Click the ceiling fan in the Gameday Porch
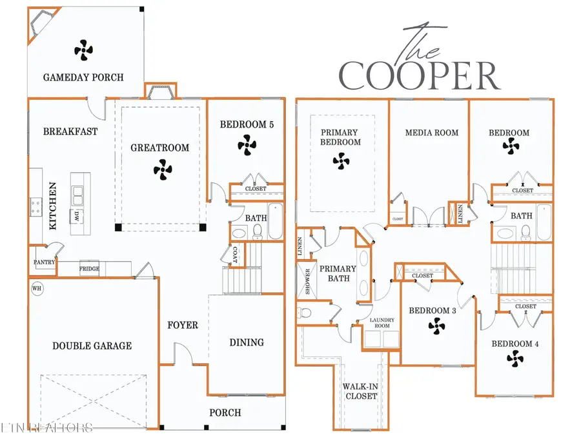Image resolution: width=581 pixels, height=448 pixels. tap(83, 50)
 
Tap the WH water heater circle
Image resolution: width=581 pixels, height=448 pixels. tap(37, 288)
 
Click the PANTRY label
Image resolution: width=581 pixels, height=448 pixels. tap(42, 263)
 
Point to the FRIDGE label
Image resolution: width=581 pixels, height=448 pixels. tap(89, 269)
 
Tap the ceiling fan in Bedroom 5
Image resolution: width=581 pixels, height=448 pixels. tap(247, 146)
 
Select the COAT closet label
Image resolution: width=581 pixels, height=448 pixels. tap(235, 256)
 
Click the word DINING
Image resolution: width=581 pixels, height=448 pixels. tap(247, 342)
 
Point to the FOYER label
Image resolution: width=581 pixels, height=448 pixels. tap(183, 325)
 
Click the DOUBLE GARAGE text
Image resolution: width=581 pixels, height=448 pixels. tap(92, 346)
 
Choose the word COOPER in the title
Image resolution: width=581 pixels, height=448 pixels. tap(420, 77)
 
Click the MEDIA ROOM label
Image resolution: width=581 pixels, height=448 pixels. tap(432, 133)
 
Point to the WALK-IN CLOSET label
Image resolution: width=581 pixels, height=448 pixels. tap(360, 391)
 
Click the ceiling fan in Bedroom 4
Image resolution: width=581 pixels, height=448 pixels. tap(515, 358)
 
